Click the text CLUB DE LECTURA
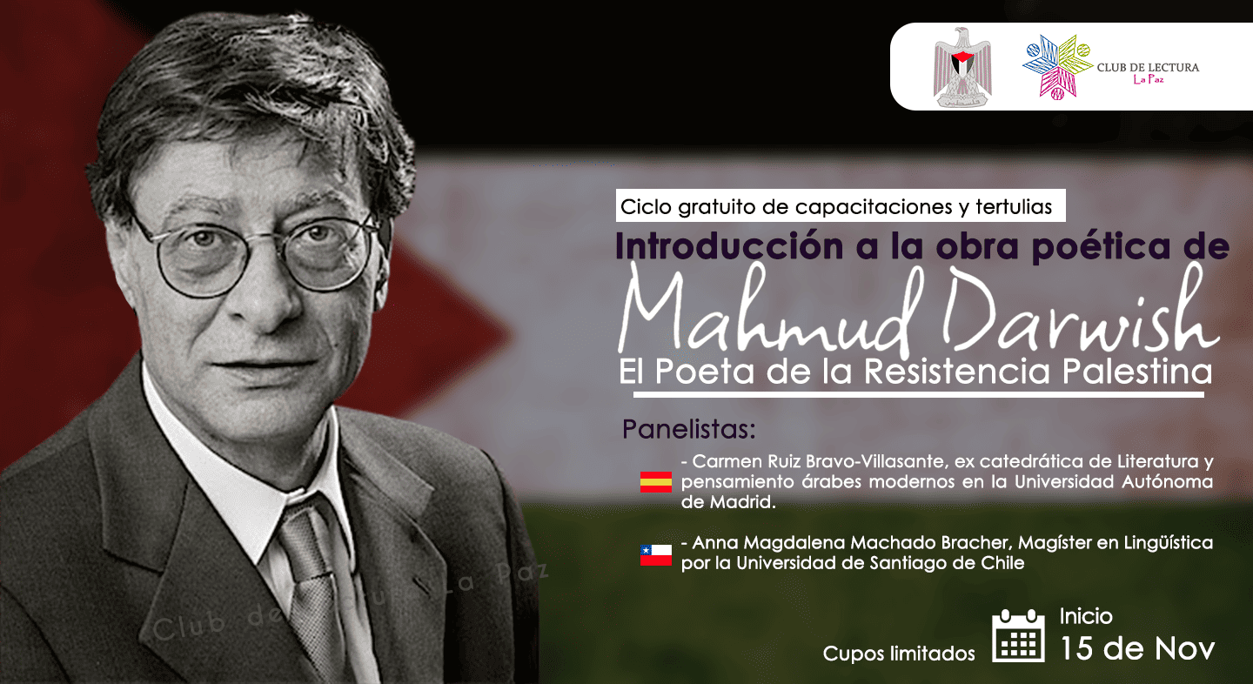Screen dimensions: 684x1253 1148,67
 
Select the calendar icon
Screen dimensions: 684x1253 1018,636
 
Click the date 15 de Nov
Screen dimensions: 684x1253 1136,647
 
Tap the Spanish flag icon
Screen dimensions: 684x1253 655,482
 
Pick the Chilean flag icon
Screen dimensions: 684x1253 655,554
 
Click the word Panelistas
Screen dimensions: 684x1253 689,430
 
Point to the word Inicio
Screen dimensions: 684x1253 1086,616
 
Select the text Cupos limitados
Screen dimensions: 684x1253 899,654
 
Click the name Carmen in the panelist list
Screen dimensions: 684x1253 726,461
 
